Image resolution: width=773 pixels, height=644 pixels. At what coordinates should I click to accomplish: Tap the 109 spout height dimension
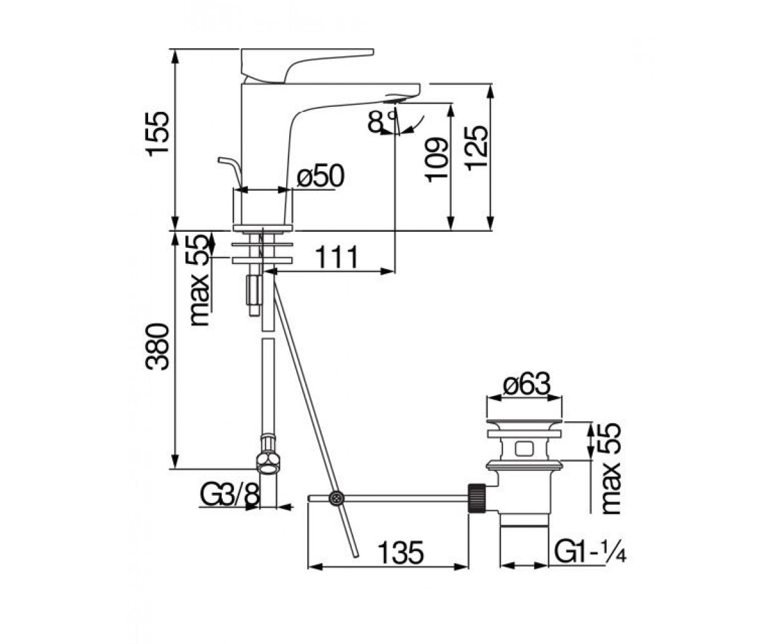(x=437, y=160)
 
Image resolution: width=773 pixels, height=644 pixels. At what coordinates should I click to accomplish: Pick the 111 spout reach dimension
(x=337, y=256)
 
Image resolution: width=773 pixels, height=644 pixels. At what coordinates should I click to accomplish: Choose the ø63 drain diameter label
(x=527, y=384)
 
